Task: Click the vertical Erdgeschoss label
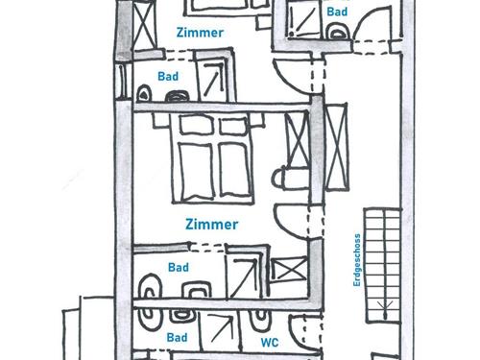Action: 357,260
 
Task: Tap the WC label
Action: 270,343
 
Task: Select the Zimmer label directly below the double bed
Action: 212,225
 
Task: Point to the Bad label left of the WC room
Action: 177,337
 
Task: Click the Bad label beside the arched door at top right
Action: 337,12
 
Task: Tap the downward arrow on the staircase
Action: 386,309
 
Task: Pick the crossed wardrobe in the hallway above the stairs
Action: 336,147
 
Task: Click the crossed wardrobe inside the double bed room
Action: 298,139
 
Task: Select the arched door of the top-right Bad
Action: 372,19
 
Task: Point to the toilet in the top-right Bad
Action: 337,32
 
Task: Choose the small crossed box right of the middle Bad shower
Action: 288,270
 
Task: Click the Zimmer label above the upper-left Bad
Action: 200,33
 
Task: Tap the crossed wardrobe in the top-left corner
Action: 144,26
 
